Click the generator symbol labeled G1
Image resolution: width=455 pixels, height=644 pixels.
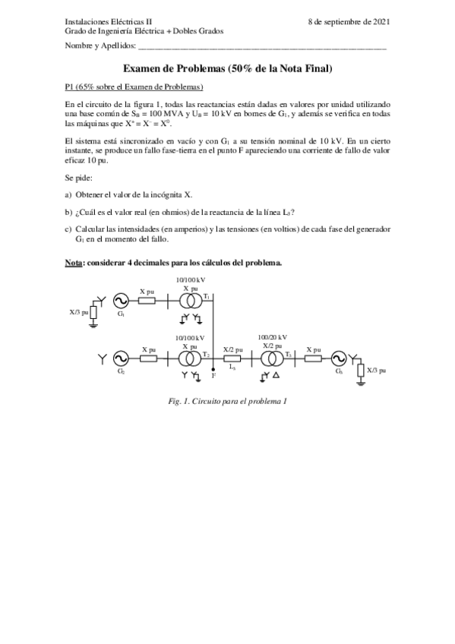121,301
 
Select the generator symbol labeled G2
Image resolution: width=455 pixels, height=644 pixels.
121,358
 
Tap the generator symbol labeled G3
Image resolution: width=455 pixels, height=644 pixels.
340,358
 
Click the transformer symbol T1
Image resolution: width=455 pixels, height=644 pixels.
190,301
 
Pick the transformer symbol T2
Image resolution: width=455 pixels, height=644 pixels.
190,358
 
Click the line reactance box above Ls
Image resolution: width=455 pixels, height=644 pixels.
232,358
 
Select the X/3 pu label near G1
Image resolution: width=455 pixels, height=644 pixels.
79,311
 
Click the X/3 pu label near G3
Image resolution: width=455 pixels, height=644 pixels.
376,371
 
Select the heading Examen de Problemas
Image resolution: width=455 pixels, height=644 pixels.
227,68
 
